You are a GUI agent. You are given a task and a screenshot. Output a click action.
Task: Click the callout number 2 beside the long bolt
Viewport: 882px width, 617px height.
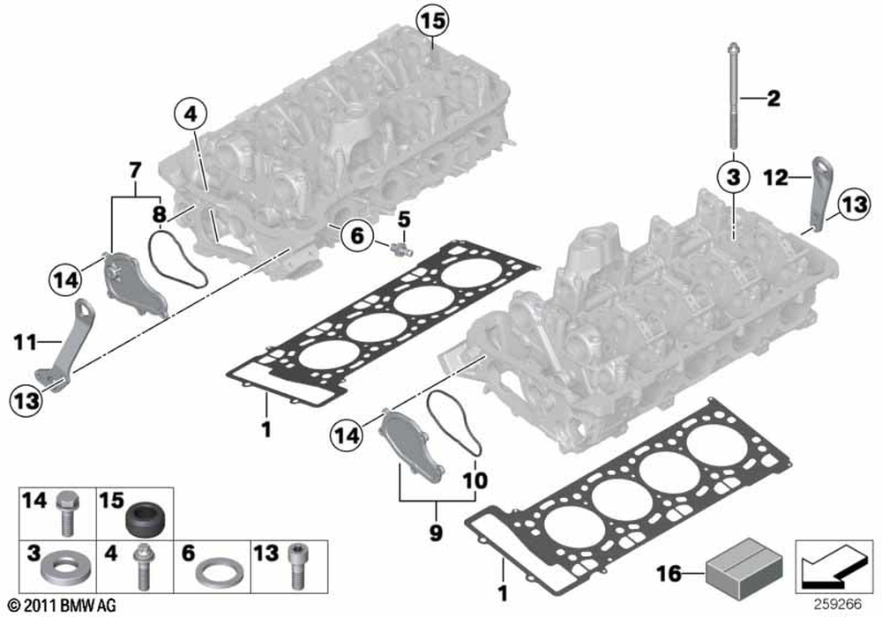coord(773,99)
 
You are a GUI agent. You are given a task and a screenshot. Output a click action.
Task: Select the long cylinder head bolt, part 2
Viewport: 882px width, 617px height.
coord(733,97)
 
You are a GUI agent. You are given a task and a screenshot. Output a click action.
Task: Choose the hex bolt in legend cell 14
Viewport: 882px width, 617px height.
coord(64,513)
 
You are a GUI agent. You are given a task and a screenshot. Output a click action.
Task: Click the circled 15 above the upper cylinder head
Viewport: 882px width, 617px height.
coord(432,19)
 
